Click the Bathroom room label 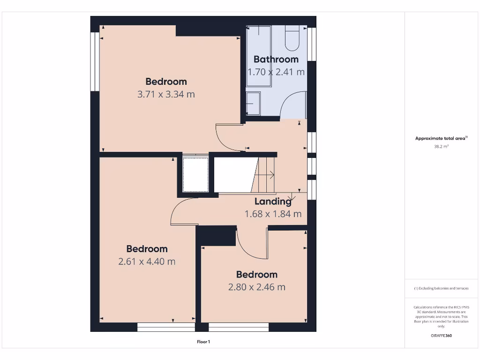pyautogui.click(x=276, y=59)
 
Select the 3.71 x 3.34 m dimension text pyautogui.click(x=166, y=94)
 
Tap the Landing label pyautogui.click(x=273, y=202)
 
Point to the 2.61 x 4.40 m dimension pyautogui.click(x=147, y=262)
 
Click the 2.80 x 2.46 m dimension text pyautogui.click(x=256, y=287)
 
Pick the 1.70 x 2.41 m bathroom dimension pyautogui.click(x=276, y=72)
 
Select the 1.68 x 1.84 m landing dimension pyautogui.click(x=273, y=214)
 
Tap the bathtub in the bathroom pyautogui.click(x=259, y=56)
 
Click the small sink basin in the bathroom pyautogui.click(x=253, y=103)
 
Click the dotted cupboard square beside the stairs pyautogui.click(x=195, y=174)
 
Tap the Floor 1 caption pyautogui.click(x=203, y=342)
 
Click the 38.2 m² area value pyautogui.click(x=441, y=146)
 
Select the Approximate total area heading pyautogui.click(x=441, y=138)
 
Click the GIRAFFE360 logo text pyautogui.click(x=441, y=336)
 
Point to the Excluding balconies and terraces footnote pyautogui.click(x=441, y=288)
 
